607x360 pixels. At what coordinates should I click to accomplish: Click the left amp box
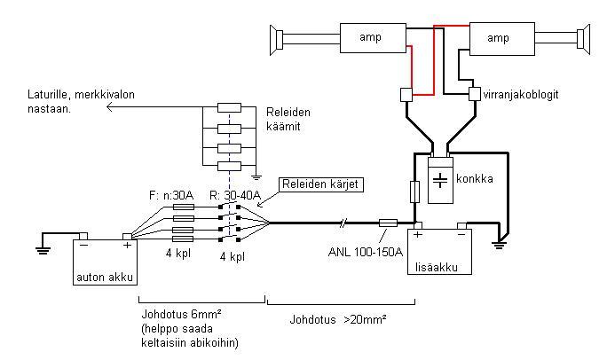coord(373,38)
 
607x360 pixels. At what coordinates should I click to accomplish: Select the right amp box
coord(502,39)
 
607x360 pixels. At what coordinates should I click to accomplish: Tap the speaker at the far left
coord(276,40)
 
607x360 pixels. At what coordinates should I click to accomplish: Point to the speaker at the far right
coord(583,39)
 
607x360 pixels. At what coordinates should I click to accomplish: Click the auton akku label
coord(105,277)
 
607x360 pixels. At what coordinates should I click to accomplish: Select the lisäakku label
coord(437,267)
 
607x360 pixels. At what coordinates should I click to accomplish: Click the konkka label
coord(474,178)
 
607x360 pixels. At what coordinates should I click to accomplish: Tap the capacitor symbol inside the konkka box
coord(440,180)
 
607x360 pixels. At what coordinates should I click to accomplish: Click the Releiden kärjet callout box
coord(320,184)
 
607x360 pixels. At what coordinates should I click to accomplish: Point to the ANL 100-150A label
coord(366,252)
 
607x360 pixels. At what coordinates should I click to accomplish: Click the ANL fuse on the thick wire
coord(388,223)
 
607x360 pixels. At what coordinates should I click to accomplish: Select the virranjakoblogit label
coord(521,94)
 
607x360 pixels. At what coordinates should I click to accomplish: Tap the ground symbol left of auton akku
coord(43,250)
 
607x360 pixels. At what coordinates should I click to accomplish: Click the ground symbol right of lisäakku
coord(499,245)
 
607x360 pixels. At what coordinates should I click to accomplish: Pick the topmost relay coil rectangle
coord(229,107)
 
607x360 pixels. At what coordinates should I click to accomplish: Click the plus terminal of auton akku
coord(127,237)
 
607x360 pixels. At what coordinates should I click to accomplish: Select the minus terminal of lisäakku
coord(461,227)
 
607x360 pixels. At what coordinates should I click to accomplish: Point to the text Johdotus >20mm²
coord(338,320)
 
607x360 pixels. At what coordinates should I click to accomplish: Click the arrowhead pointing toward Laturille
coord(109,107)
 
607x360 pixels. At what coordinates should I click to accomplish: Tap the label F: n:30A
coord(171,195)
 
